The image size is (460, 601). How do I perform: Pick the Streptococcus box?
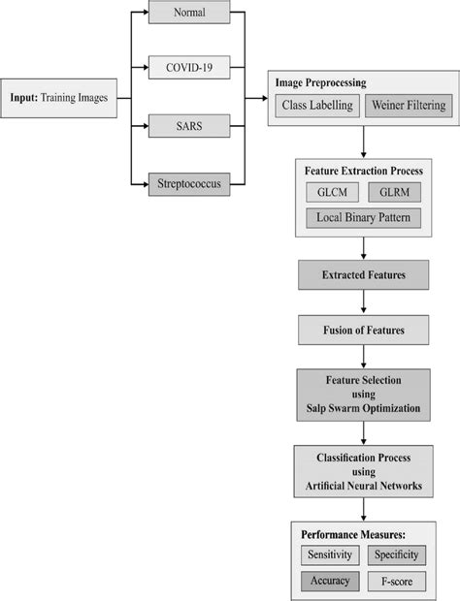click(190, 182)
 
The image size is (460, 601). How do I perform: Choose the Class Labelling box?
click(317, 105)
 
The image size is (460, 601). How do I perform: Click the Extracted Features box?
click(363, 276)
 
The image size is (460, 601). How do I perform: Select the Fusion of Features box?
click(363, 331)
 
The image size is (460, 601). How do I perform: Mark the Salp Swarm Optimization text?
click(363, 408)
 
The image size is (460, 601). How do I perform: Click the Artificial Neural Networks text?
click(363, 485)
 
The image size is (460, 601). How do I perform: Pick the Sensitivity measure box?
click(329, 555)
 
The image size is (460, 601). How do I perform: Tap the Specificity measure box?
click(396, 555)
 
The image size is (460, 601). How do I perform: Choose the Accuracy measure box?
click(329, 582)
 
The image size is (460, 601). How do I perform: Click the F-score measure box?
click(396, 582)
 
